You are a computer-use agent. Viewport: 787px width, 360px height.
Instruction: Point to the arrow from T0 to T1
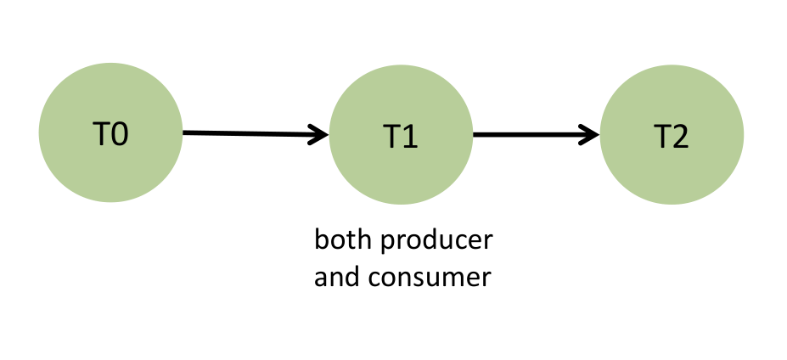(x=255, y=133)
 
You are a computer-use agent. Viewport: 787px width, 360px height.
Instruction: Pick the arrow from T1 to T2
(x=535, y=134)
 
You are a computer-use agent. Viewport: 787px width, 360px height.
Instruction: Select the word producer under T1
(x=436, y=242)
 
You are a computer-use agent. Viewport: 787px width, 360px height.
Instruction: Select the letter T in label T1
(x=391, y=137)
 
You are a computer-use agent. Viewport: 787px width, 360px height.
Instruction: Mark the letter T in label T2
(x=661, y=137)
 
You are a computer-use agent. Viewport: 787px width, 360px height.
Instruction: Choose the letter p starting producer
(x=385, y=244)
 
